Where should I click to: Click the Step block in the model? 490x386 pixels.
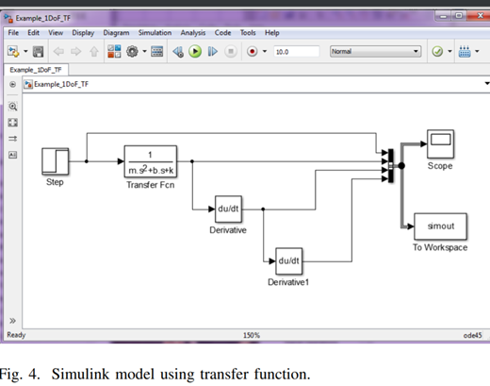tap(55, 160)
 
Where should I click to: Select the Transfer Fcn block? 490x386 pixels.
tap(151, 160)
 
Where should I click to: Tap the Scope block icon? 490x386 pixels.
tap(439, 144)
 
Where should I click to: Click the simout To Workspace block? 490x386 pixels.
tap(440, 227)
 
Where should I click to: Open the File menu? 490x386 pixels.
tap(13, 32)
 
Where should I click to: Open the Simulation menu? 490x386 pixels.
tap(154, 32)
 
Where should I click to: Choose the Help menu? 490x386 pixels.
tap(271, 32)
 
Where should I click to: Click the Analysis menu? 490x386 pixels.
tap(194, 32)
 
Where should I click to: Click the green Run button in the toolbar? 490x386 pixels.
tap(195, 51)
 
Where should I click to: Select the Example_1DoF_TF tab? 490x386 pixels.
tap(36, 70)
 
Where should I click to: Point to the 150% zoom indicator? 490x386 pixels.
tap(252, 334)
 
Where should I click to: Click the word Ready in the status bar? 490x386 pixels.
tap(17, 334)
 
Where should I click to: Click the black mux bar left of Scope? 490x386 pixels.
tap(390, 165)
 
